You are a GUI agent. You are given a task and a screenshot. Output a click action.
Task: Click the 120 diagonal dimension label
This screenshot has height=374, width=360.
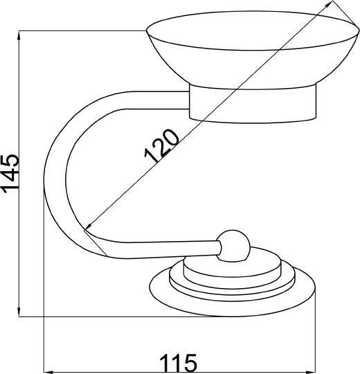(161, 146)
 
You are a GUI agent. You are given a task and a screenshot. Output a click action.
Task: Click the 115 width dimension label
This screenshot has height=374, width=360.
(179, 363)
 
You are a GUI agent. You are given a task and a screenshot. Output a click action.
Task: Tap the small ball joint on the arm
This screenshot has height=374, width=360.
(233, 246)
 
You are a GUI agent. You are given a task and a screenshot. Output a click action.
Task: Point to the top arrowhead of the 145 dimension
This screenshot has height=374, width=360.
(19, 36)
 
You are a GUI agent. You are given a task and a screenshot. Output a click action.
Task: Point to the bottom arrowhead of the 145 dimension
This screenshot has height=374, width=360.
(19, 311)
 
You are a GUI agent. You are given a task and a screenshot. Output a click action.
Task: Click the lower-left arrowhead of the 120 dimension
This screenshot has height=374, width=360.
(89, 226)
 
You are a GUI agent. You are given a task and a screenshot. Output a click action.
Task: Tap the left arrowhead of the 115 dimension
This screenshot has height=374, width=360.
(49, 372)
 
